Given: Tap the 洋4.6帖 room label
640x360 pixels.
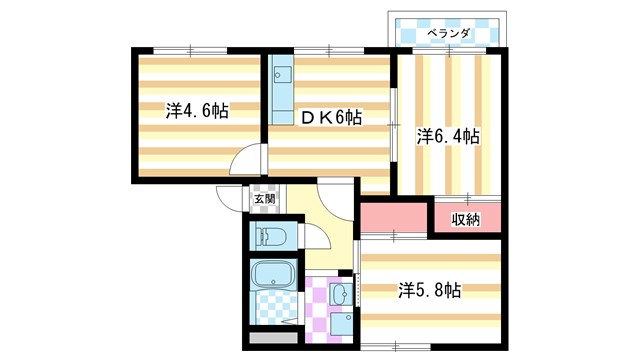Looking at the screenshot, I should [x=197, y=111].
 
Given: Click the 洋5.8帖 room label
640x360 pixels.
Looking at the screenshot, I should [x=429, y=291].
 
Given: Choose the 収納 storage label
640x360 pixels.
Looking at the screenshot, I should [x=466, y=219].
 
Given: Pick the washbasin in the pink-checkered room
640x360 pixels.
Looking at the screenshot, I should [x=341, y=294].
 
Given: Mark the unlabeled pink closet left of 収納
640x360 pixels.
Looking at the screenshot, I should [x=393, y=217].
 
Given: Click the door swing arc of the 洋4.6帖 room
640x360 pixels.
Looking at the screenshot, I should [x=248, y=163].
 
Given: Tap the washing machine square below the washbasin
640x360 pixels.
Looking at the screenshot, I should [x=342, y=323].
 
